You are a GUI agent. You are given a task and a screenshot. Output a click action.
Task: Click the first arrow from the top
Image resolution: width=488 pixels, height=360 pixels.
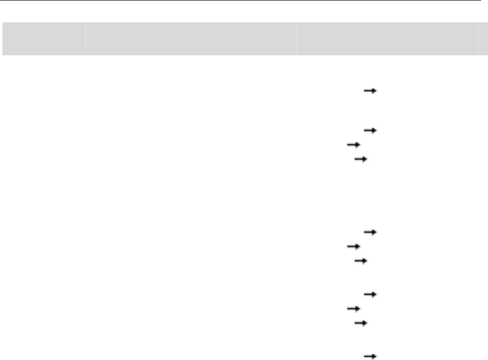coord(370,91)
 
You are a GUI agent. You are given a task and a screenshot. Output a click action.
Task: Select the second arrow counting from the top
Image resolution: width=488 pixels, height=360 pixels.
coord(370,130)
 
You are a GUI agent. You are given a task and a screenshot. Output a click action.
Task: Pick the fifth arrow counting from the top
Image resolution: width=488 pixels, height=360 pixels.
coord(370,232)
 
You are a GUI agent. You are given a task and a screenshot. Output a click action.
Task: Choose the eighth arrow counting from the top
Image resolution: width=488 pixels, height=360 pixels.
coord(370,294)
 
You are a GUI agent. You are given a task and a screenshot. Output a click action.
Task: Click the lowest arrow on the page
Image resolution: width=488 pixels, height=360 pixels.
coord(370,355)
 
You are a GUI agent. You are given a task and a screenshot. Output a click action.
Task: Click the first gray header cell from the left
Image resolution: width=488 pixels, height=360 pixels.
coord(42,38)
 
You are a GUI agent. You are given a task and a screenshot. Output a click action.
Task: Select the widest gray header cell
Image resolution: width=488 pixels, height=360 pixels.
coord(190,38)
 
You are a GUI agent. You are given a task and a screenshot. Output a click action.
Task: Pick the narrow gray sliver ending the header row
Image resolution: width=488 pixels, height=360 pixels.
coord(483,38)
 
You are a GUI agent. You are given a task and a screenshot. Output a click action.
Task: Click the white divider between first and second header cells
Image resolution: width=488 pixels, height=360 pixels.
coord(84,38)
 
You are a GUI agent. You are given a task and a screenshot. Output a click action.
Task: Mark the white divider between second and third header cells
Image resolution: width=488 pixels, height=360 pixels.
coord(296,38)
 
